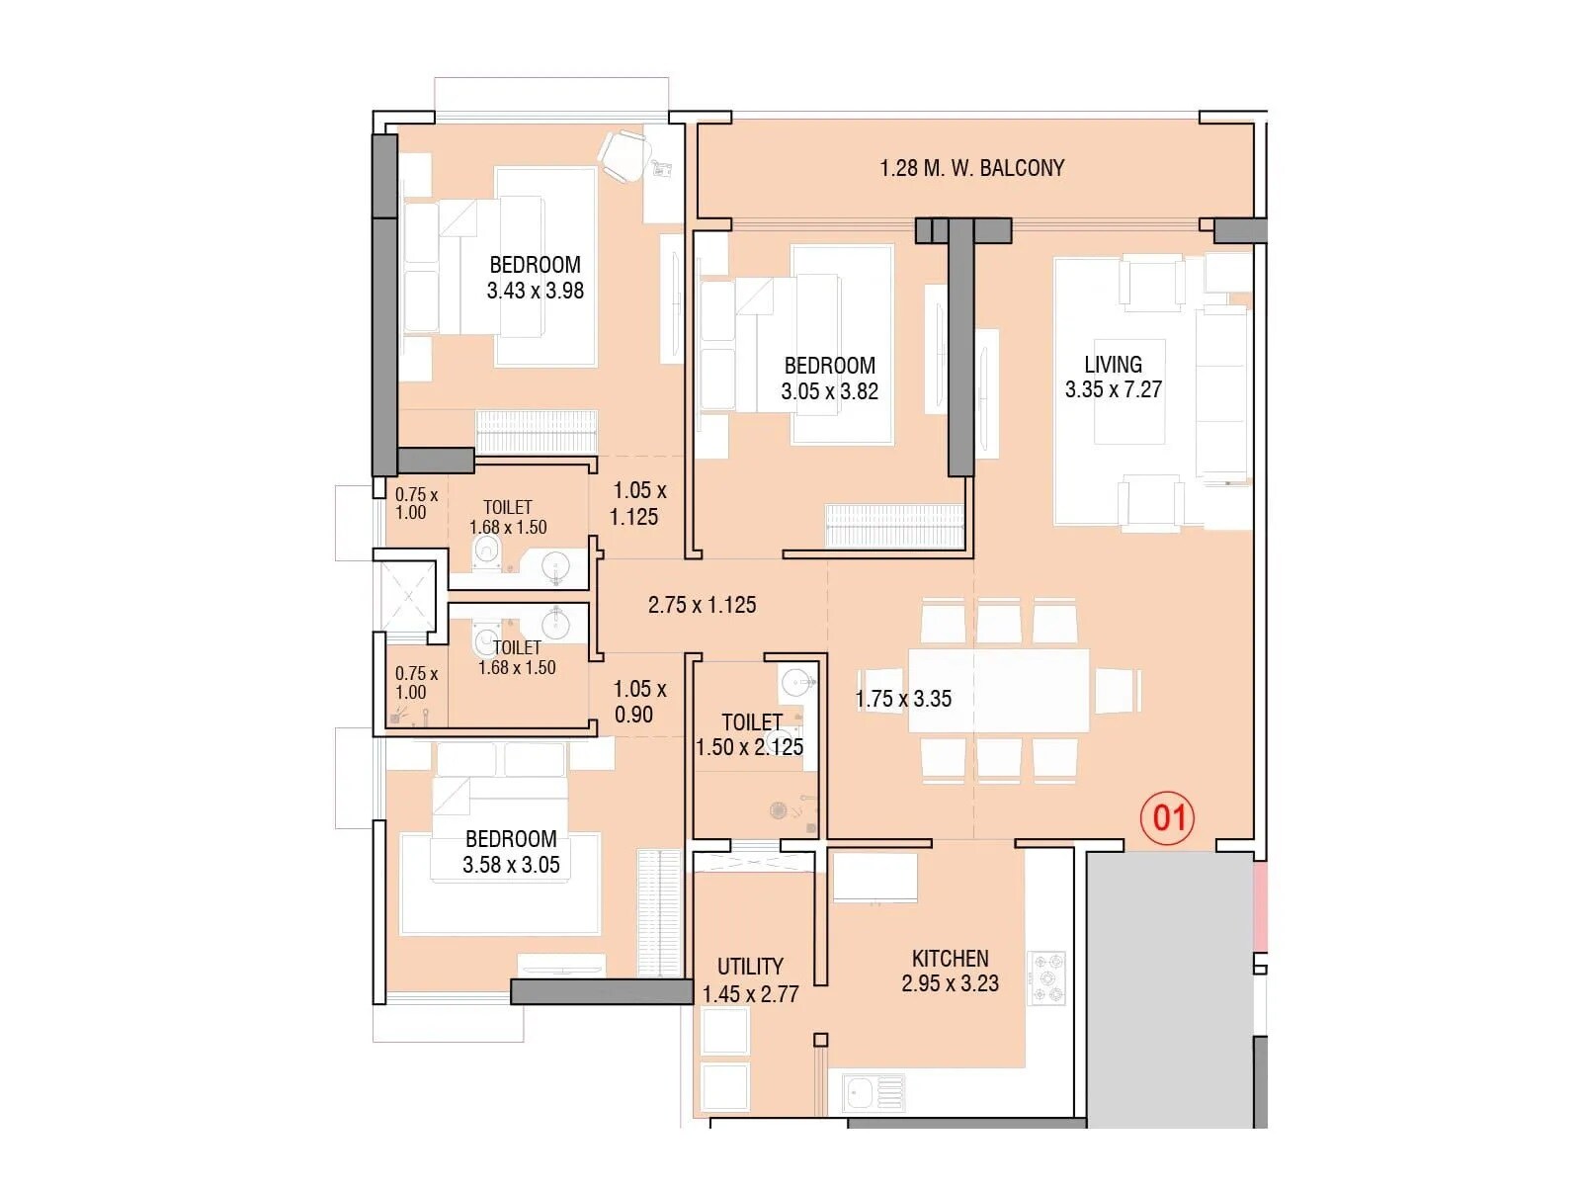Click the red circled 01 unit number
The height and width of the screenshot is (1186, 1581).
(x=1168, y=818)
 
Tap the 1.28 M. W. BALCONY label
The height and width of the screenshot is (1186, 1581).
(x=972, y=168)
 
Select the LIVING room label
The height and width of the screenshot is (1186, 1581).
(x=1113, y=364)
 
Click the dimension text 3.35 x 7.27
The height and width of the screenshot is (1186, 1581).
(x=1113, y=389)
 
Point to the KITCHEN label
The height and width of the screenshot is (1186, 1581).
(x=950, y=958)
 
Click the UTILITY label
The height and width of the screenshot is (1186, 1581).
(x=750, y=966)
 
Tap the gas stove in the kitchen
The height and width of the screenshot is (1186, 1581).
(x=1047, y=978)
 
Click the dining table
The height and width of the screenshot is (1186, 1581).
(x=998, y=690)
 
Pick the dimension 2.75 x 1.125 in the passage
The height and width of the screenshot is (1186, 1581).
(x=702, y=605)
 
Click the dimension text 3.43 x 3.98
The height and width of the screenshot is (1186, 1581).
(x=535, y=291)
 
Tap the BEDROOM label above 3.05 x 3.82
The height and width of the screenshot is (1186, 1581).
(x=829, y=366)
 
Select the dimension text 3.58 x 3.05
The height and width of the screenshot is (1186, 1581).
(x=511, y=865)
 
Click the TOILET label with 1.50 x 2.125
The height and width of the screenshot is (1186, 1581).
(x=751, y=722)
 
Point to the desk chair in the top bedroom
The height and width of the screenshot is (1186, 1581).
(x=624, y=155)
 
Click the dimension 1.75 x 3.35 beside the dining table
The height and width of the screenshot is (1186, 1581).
(x=902, y=699)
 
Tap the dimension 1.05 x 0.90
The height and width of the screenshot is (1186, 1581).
(x=638, y=702)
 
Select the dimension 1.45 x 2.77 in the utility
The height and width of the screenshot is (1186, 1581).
(x=750, y=993)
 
